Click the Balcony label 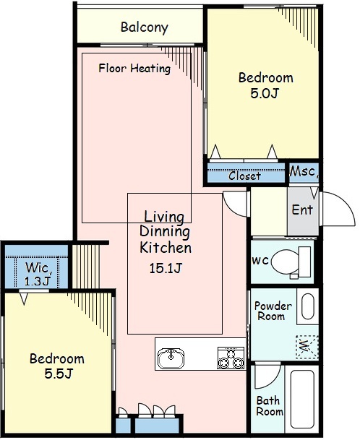(x=145, y=27)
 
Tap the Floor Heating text (x=134, y=68)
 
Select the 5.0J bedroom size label (x=265, y=93)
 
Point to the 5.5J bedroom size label (x=59, y=374)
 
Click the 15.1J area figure (x=166, y=268)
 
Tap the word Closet (x=244, y=176)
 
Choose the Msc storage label (x=304, y=171)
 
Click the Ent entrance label (x=302, y=210)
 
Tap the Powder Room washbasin (x=307, y=306)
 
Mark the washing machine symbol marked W (x=307, y=347)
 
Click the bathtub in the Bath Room (x=302, y=402)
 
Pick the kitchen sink (x=171, y=358)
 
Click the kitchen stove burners (x=231, y=358)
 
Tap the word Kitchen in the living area (x=166, y=248)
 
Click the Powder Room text (x=273, y=311)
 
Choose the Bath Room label (x=270, y=406)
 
